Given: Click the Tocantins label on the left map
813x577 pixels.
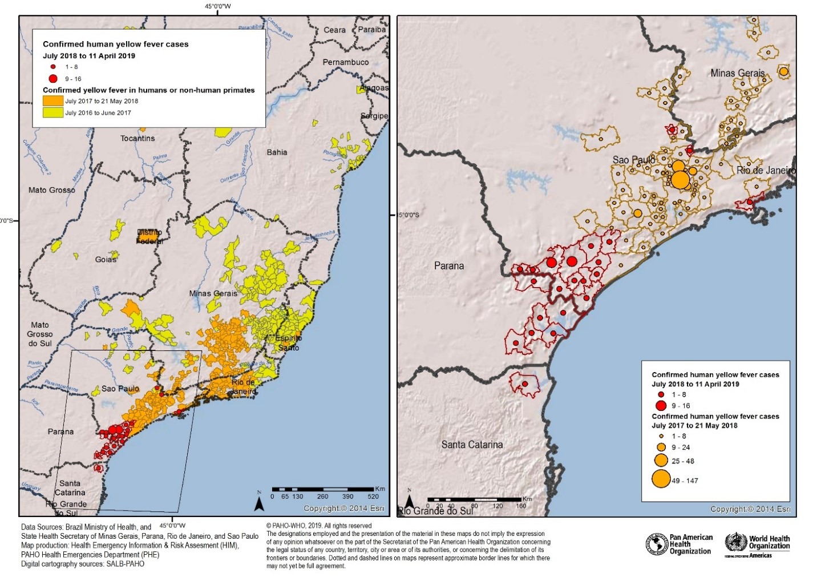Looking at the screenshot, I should (137, 138).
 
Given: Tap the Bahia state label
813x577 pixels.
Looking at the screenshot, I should (277, 152).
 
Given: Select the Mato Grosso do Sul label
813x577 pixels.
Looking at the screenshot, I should (40, 334).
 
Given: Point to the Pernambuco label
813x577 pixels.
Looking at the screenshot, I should (346, 62).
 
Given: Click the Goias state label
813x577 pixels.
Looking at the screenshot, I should (106, 260).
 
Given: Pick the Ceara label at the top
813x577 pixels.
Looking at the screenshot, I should (334, 30).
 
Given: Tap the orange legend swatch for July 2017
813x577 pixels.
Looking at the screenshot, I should (53, 101).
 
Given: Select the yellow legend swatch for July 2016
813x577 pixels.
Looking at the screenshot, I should (53, 112).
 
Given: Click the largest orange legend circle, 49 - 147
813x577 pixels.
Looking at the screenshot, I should (661, 479).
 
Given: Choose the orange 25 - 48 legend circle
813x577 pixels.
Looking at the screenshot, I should (661, 460).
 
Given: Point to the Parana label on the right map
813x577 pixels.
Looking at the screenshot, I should (449, 266).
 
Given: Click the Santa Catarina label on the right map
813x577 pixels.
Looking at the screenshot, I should (472, 445).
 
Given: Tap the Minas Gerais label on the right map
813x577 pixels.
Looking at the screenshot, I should (737, 74).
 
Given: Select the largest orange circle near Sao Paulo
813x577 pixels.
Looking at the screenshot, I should (680, 180).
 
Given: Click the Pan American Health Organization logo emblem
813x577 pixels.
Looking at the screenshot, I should (657, 544).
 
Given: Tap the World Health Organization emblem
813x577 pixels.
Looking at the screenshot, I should (736, 542).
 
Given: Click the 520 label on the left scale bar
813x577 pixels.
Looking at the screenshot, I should (373, 497).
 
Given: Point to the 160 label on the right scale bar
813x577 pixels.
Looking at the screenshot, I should (521, 506).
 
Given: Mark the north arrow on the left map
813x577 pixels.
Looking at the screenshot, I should (259, 503).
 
